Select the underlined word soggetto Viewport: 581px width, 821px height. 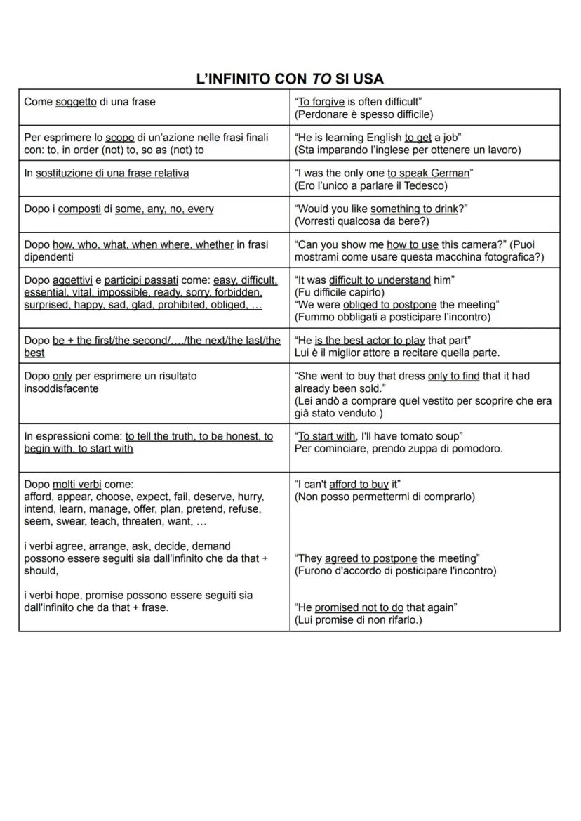point(76,102)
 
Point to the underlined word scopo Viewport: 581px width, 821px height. point(119,138)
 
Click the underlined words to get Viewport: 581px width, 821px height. point(418,138)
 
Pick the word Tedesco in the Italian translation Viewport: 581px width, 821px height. point(424,186)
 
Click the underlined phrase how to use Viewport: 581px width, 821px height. point(413,244)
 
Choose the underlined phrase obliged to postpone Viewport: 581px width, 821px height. point(389,304)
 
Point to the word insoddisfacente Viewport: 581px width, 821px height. point(61,388)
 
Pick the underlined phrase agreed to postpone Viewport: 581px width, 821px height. point(371,558)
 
